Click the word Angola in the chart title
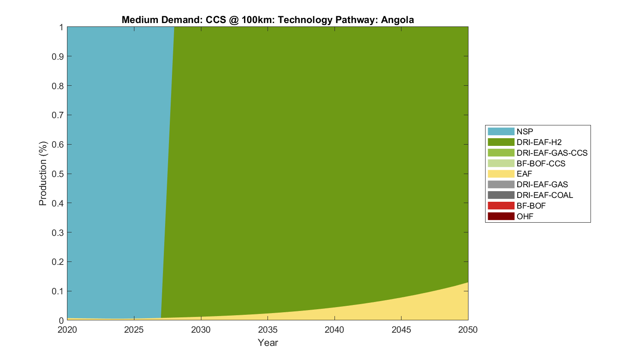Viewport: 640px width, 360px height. [x=397, y=20]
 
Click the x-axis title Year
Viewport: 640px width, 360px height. [x=268, y=343]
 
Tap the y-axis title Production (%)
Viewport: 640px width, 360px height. [x=43, y=174]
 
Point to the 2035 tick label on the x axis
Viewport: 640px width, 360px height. [x=268, y=330]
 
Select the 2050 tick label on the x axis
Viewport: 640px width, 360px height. [x=468, y=330]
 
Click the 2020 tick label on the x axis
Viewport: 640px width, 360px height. [x=67, y=330]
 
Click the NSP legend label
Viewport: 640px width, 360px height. [x=525, y=131]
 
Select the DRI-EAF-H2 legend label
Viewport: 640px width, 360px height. [x=539, y=142]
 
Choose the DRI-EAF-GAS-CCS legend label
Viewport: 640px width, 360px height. [x=552, y=153]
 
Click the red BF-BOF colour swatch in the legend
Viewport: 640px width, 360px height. [x=501, y=206]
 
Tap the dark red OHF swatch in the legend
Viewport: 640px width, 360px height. [x=501, y=216]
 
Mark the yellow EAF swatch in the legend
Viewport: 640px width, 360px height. [x=501, y=174]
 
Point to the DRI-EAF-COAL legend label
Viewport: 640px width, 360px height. [x=544, y=195]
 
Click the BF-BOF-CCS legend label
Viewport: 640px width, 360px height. [x=541, y=163]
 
